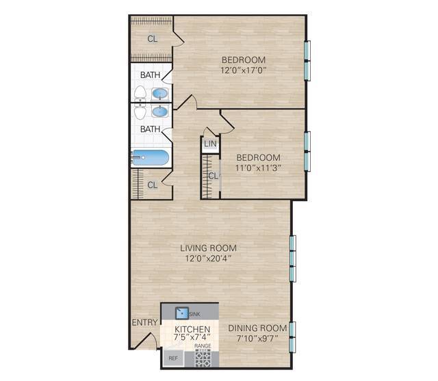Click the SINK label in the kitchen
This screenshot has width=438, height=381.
[195, 313]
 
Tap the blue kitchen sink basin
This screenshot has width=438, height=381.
[181, 313]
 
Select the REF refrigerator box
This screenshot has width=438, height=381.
[173, 358]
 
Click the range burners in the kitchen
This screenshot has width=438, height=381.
[203, 358]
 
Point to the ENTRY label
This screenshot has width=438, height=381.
[144, 322]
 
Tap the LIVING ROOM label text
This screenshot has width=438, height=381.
[214, 248]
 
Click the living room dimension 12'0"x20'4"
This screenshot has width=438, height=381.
[214, 258]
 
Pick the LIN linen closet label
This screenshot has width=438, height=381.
[209, 144]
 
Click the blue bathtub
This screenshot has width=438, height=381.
[151, 158]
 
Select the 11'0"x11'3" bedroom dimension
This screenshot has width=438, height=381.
[259, 167]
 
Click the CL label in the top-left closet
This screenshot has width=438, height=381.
[152, 39]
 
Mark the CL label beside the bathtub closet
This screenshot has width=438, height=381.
[152, 185]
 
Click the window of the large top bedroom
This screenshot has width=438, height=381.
[307, 60]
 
